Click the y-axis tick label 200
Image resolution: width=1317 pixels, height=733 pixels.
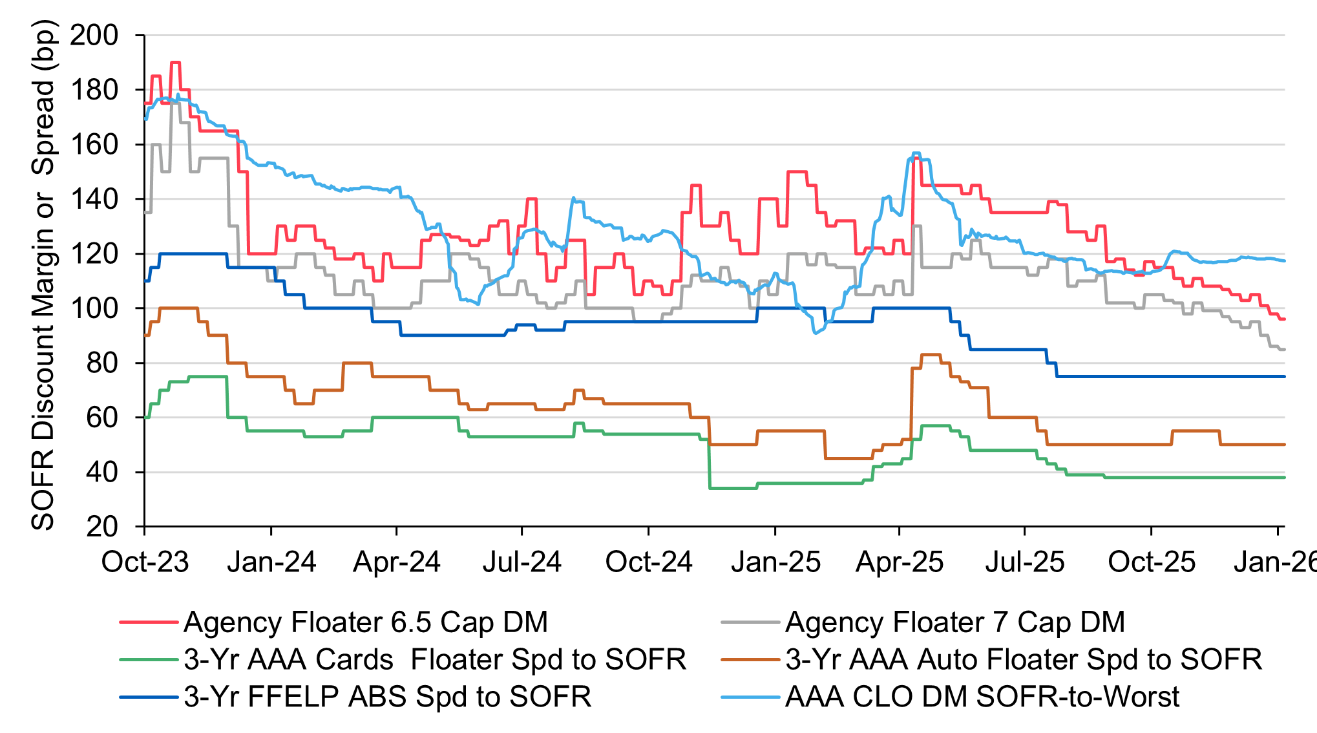click(94, 35)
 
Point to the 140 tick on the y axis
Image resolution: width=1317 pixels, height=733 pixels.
click(94, 199)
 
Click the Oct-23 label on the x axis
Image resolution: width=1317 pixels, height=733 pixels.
click(145, 562)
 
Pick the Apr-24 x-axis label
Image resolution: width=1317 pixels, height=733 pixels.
click(396, 562)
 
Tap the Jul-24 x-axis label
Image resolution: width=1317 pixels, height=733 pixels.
click(522, 562)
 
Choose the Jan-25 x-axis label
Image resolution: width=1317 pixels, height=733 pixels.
click(775, 562)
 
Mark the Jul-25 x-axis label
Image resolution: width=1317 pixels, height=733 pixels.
click(1025, 562)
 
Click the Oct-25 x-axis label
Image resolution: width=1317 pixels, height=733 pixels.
click(1152, 562)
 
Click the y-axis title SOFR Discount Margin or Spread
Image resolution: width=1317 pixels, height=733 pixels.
click(44, 275)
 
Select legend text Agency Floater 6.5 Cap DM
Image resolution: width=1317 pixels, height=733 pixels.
click(366, 622)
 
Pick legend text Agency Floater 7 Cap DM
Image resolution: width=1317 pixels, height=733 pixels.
click(955, 622)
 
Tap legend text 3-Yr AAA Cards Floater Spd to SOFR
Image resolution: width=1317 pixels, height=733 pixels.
click(435, 660)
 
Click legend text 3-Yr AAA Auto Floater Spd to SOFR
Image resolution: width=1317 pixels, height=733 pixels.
click(1024, 660)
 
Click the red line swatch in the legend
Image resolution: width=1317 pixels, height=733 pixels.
click(149, 622)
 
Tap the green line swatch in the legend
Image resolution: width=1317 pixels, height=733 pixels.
click(149, 660)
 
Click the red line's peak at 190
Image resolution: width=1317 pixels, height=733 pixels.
click(175, 63)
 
